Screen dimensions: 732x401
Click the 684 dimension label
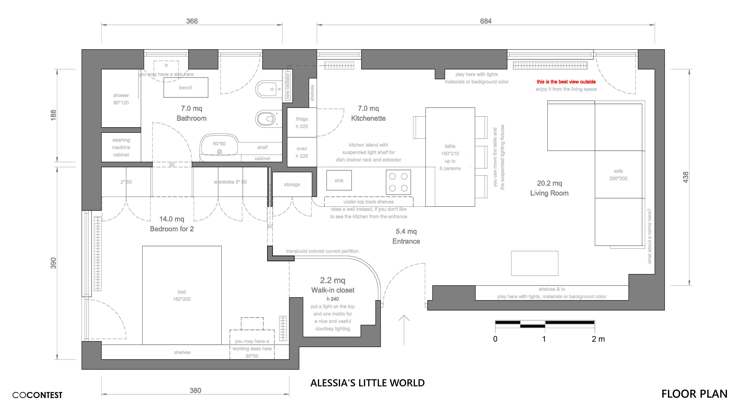(486, 21)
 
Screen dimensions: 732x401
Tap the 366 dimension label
(192, 21)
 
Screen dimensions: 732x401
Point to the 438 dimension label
(686, 177)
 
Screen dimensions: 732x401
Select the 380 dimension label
(196, 391)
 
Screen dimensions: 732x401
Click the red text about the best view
(566, 82)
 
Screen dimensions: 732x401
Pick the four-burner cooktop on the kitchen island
(398, 182)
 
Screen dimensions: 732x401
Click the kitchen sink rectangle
(339, 180)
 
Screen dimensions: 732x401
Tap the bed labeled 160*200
(182, 295)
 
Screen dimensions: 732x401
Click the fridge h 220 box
(302, 122)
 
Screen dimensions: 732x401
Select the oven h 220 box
(302, 152)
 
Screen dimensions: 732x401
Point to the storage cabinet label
(292, 184)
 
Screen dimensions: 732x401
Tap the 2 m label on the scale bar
(598, 339)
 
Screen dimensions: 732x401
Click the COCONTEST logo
(37, 395)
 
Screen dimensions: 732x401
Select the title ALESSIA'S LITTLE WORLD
(367, 383)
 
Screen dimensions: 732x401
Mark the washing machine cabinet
(121, 147)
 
